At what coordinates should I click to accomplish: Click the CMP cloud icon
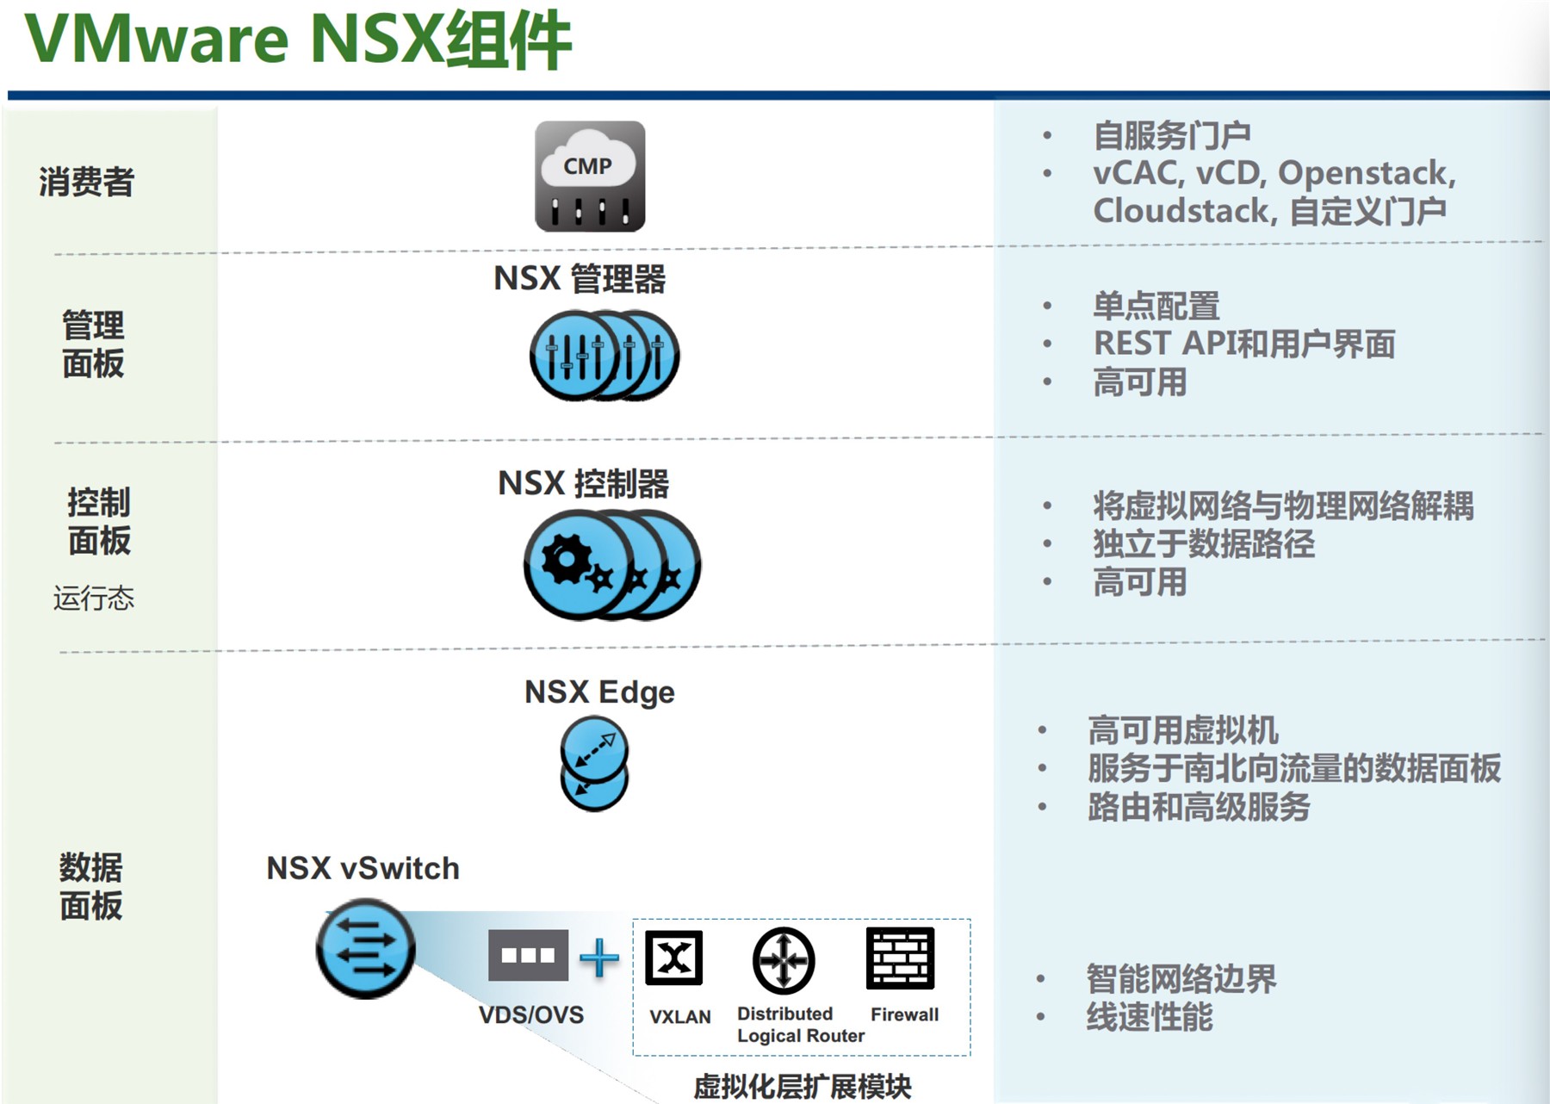point(590,177)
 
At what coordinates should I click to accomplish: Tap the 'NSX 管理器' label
point(580,279)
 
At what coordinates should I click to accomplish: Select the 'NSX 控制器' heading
point(583,483)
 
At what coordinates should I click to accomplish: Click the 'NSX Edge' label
point(599,692)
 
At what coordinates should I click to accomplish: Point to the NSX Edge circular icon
point(594,765)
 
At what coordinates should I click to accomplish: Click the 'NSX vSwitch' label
point(363,868)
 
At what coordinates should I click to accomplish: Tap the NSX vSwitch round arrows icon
point(366,949)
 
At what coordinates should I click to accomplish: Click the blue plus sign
point(599,957)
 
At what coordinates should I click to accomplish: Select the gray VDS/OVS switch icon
point(528,955)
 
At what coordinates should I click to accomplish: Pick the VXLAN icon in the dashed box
point(673,958)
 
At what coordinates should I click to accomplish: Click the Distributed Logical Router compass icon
point(784,960)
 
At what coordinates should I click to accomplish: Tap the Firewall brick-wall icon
point(900,958)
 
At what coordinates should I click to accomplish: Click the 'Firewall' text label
point(904,1014)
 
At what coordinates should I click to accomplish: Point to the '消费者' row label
point(86,183)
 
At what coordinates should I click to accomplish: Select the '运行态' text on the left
point(94,598)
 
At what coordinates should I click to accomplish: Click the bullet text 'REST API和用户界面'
point(1243,344)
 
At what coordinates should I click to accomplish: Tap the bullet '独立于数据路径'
point(1204,543)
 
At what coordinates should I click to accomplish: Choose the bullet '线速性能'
point(1150,1017)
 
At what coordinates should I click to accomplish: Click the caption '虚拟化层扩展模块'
point(803,1086)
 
